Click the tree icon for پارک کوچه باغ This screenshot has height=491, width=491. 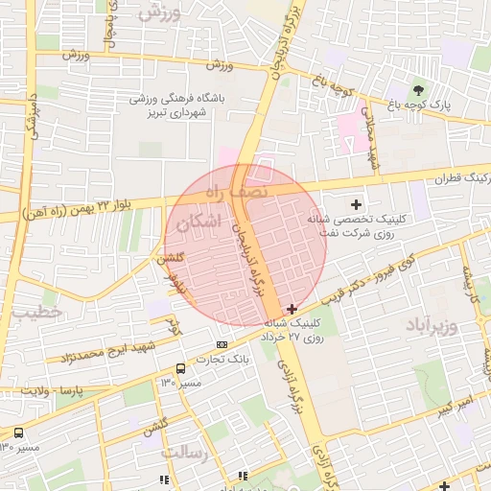[416, 89]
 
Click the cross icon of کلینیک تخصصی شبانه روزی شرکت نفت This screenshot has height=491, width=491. [357, 204]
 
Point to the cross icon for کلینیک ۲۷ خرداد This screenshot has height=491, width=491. [292, 336]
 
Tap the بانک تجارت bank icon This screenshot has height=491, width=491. [222, 344]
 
